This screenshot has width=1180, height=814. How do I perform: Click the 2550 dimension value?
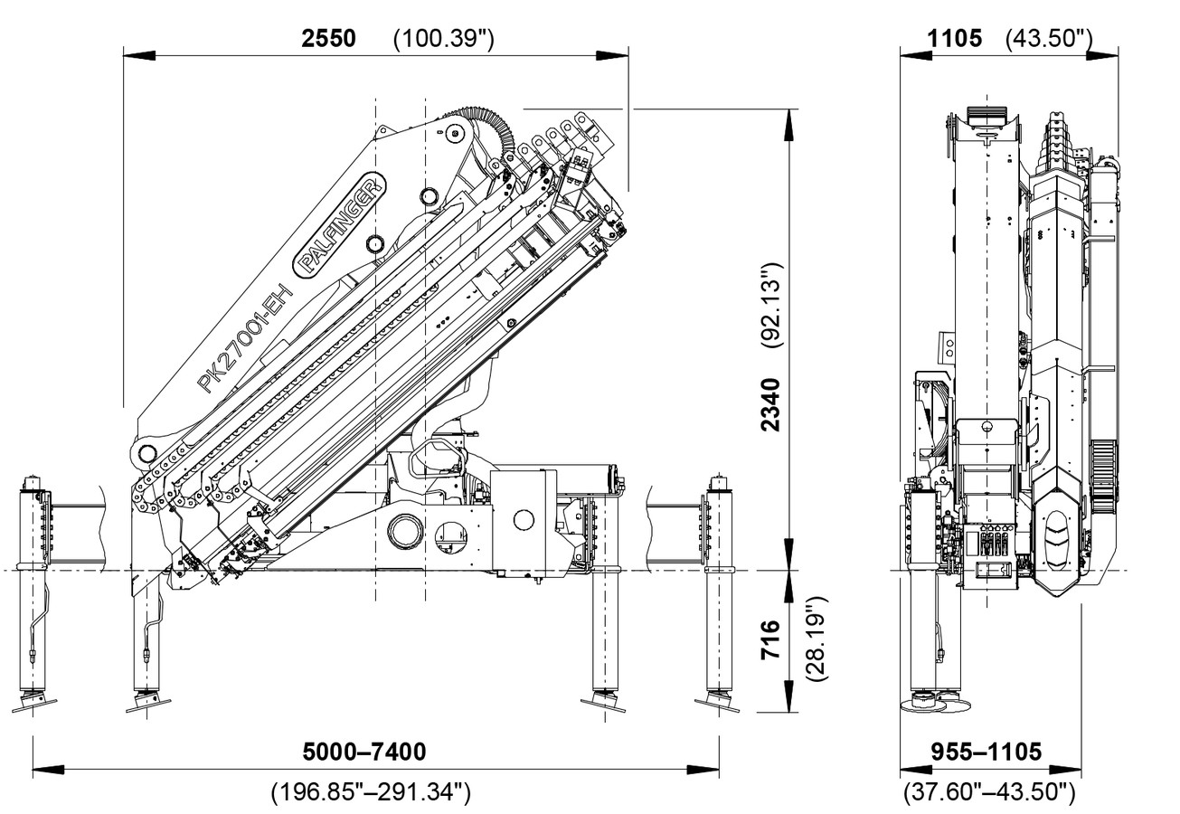[x=328, y=38]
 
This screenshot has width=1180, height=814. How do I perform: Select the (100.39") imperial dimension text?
[x=444, y=39]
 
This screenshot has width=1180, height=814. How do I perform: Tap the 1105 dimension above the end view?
[x=954, y=38]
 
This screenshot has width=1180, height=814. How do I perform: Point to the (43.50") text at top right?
[x=1049, y=39]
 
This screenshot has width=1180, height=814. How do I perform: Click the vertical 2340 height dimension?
[x=769, y=404]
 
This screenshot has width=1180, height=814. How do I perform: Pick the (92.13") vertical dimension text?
[x=769, y=306]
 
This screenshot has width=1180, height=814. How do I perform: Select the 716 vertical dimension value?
[x=769, y=639]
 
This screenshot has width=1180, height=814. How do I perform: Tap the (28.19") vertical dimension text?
[x=816, y=639]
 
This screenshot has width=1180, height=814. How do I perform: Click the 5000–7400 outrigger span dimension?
[x=364, y=752]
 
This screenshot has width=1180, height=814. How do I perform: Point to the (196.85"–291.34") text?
[x=371, y=793]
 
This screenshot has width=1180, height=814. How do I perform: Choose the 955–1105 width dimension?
[x=986, y=752]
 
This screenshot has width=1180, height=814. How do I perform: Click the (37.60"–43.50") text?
[x=989, y=793]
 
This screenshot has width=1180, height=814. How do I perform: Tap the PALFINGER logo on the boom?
[x=341, y=223]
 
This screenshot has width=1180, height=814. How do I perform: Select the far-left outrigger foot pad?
[x=33, y=703]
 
